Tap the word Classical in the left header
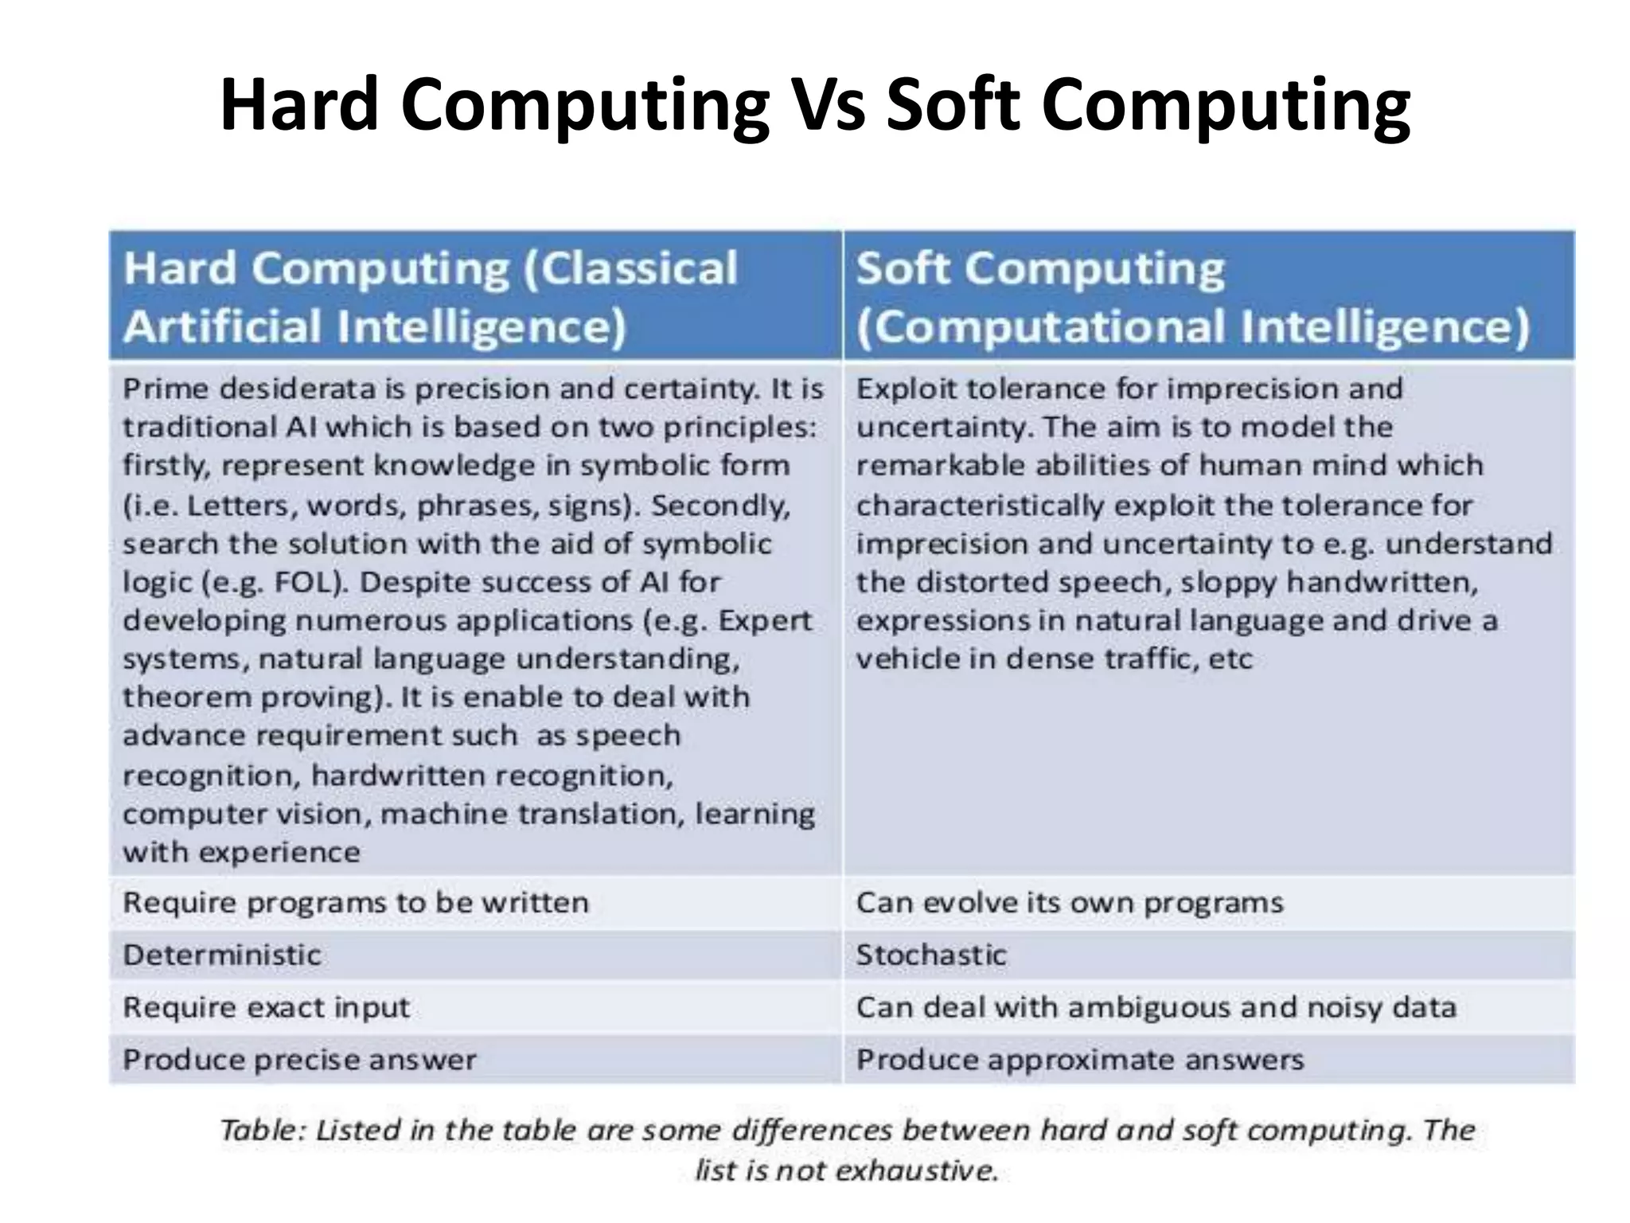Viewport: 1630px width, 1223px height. click(630, 268)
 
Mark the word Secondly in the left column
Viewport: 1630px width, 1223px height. click(720, 506)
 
